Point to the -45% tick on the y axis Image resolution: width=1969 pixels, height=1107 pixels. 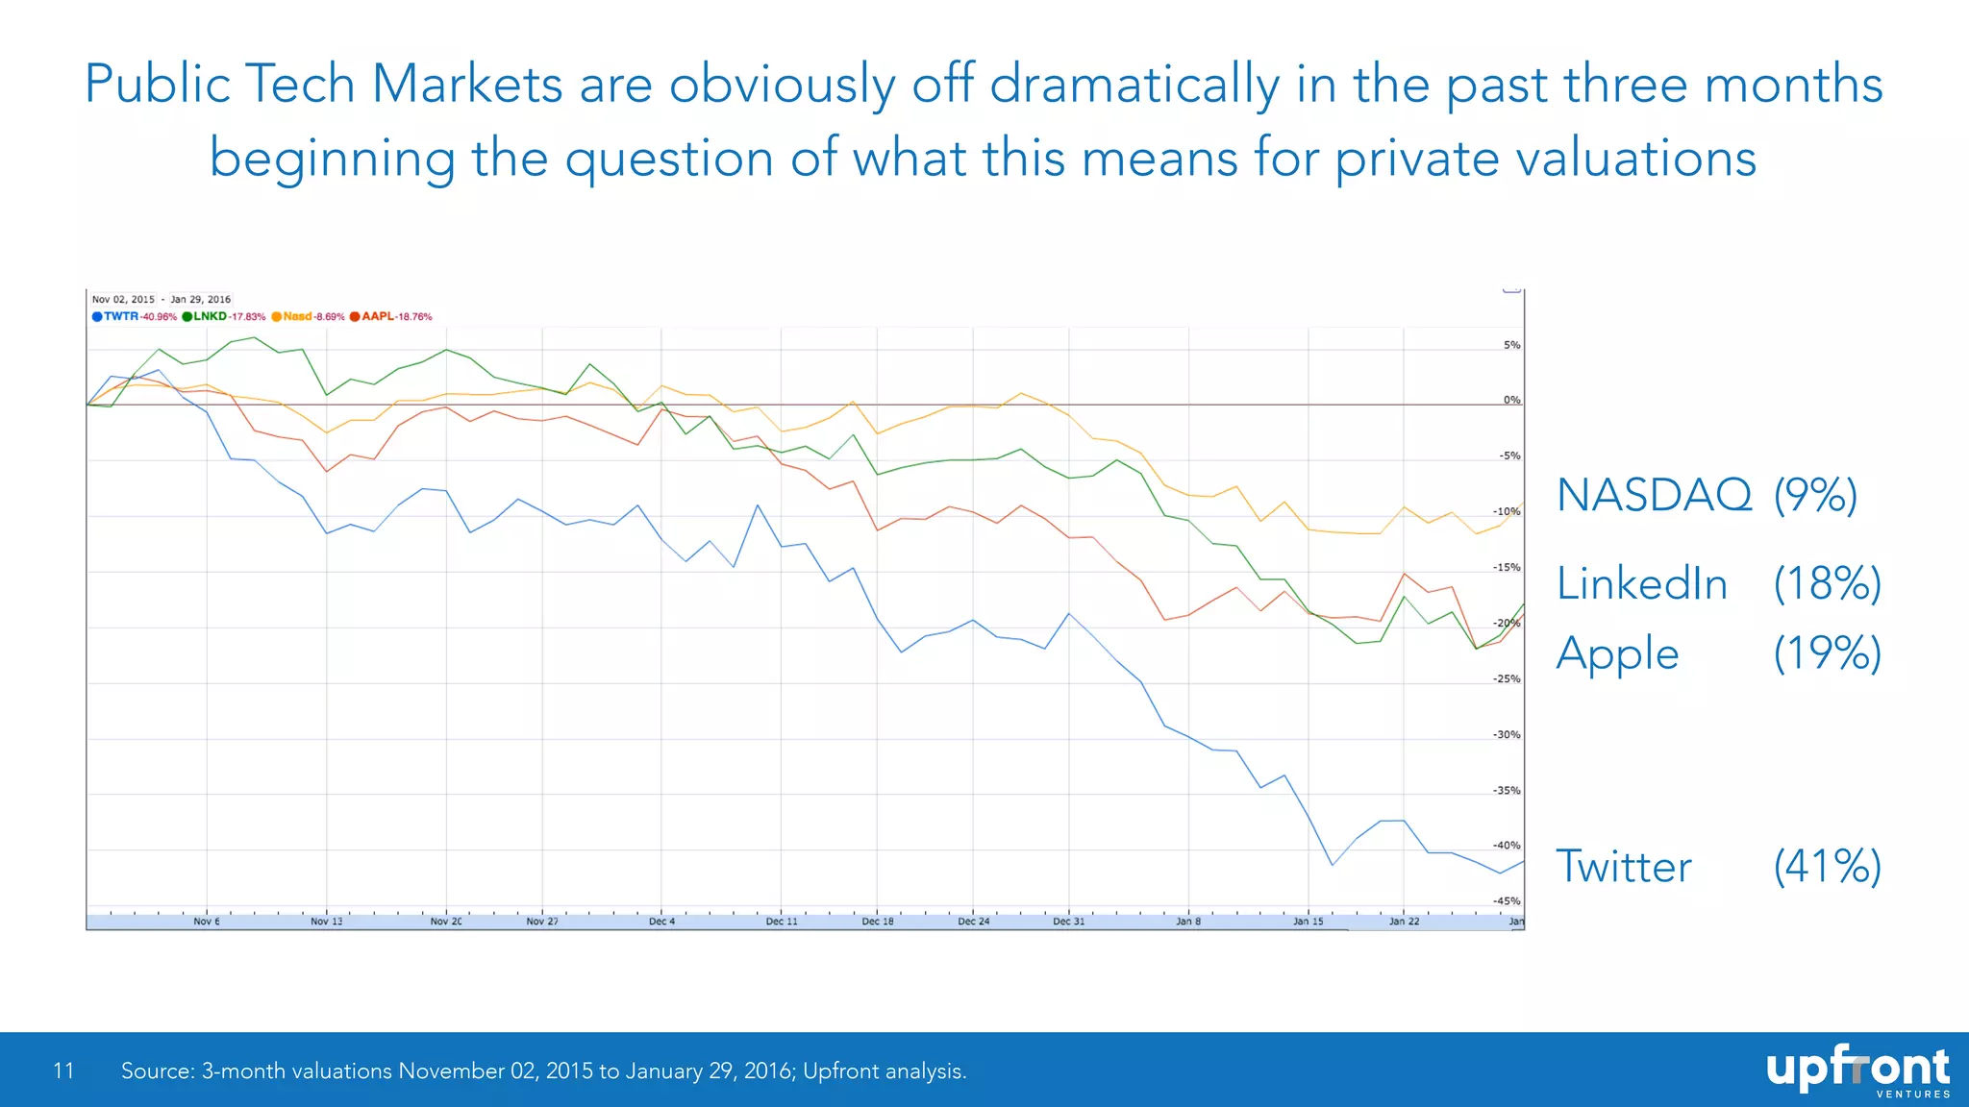(1507, 901)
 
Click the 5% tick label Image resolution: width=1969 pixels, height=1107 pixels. (1511, 345)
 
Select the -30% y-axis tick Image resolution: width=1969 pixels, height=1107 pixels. (1507, 734)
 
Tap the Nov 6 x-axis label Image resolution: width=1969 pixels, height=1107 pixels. (207, 921)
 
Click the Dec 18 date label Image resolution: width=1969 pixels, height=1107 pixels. (877, 921)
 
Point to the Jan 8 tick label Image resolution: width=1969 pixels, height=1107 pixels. (1188, 921)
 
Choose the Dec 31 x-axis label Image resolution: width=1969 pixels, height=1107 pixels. (1068, 921)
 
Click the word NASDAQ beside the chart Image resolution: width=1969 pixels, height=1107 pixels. (1654, 496)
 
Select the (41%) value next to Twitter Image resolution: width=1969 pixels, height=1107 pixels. (1827, 866)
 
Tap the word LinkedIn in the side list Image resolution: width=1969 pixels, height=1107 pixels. (1642, 584)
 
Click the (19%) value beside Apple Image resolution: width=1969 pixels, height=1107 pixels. (1827, 653)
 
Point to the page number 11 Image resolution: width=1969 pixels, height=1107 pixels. (63, 1070)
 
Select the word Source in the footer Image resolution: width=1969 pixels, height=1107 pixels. (156, 1070)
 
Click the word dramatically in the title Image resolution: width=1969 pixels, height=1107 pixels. (1134, 85)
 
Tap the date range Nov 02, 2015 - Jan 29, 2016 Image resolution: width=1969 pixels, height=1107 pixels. (162, 299)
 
